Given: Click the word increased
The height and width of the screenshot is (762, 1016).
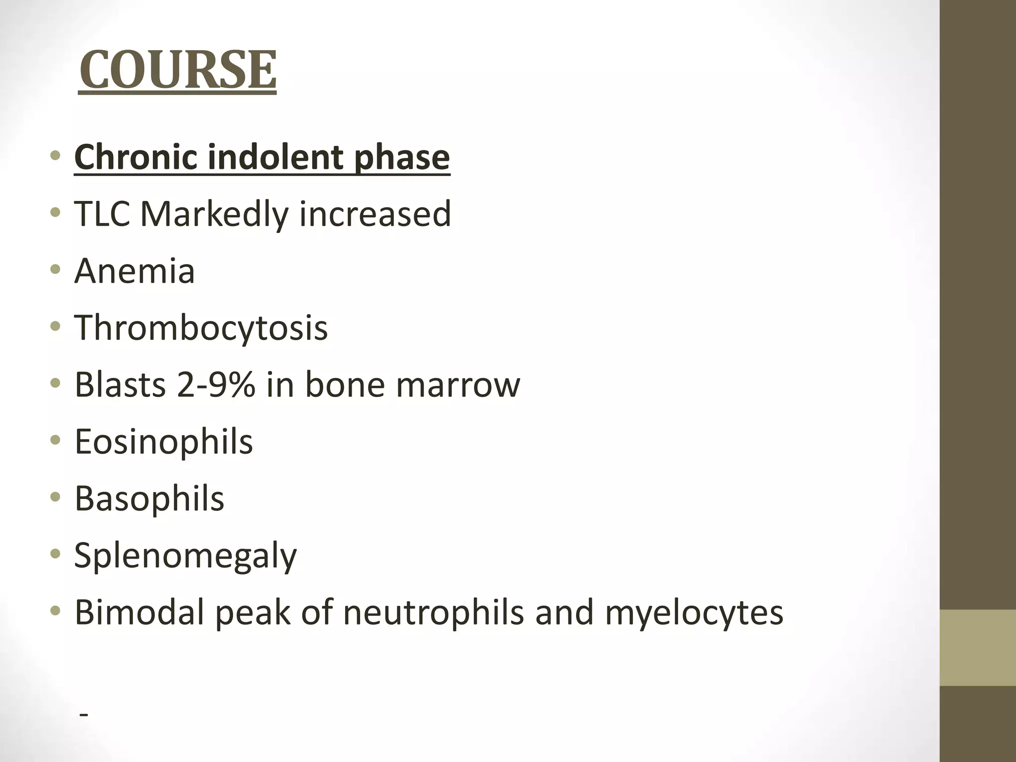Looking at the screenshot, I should click(375, 214).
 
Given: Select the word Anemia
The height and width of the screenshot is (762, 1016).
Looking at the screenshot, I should click(134, 271).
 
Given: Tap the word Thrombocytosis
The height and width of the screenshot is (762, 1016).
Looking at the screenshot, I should click(201, 327).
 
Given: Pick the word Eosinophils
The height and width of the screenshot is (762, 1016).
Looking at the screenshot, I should click(164, 442).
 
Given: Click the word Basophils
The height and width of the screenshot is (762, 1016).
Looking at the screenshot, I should click(149, 499).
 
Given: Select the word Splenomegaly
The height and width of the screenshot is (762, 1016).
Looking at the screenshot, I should click(186, 556).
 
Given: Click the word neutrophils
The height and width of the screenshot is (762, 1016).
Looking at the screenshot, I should click(433, 613).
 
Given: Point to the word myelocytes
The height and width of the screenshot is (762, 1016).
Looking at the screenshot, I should click(694, 613).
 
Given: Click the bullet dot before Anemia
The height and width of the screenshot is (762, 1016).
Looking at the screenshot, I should click(56, 270).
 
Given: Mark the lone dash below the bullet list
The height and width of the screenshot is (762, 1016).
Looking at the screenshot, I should click(84, 715).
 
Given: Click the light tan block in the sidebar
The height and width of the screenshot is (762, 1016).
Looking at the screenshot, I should click(977, 647).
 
